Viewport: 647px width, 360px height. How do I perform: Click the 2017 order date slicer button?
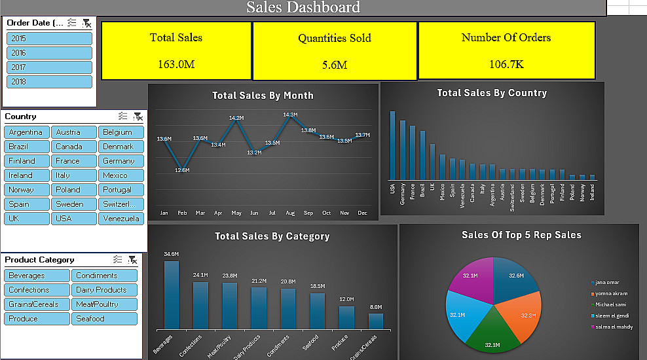tap(49, 67)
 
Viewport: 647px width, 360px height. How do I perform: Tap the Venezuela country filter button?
tap(121, 219)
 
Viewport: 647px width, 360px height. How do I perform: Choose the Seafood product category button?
tap(105, 319)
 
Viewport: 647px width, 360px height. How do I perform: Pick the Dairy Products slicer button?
tap(105, 290)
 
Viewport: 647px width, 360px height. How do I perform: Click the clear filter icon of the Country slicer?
tap(138, 117)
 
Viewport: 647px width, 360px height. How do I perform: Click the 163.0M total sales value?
tap(176, 64)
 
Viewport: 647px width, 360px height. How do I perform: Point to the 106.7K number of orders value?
tap(506, 64)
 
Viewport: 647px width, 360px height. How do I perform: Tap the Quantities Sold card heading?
tap(335, 38)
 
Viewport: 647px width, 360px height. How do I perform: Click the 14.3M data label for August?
tap(290, 115)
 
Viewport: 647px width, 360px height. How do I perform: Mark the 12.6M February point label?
tap(182, 170)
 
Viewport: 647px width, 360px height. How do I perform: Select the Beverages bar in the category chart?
tap(171, 295)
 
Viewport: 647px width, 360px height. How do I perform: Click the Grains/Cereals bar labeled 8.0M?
tap(375, 321)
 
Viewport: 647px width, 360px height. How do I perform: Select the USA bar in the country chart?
tap(392, 145)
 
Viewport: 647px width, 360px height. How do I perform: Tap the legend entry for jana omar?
tap(608, 282)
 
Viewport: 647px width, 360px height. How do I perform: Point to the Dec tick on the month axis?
tap(362, 213)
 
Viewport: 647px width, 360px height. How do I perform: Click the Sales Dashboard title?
tap(303, 7)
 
